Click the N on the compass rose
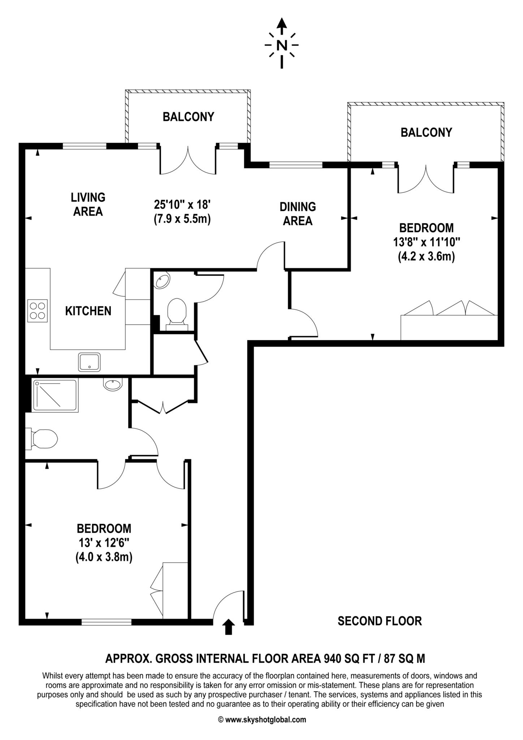click(282, 46)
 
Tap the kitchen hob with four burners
click(37, 310)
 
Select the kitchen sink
click(89, 362)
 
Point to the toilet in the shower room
click(43, 439)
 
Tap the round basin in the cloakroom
click(162, 281)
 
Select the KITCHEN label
click(88, 311)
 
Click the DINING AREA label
click(298, 214)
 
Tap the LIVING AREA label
click(88, 204)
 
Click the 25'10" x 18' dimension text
click(182, 205)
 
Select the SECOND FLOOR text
click(380, 621)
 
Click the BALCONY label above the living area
click(188, 117)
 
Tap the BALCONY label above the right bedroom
click(426, 132)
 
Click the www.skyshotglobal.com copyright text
click(262, 719)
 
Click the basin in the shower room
click(113, 384)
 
